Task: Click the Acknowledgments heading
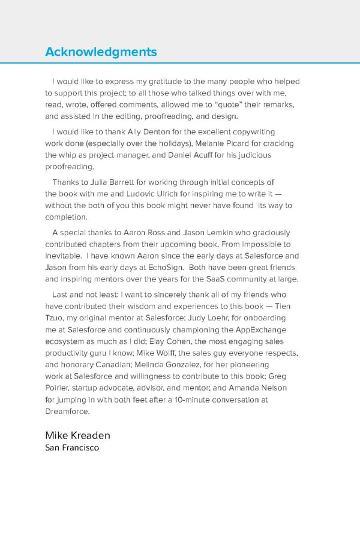pyautogui.click(x=101, y=52)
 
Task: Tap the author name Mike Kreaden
pyautogui.click(x=77, y=435)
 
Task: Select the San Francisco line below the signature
pyautogui.click(x=72, y=448)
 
